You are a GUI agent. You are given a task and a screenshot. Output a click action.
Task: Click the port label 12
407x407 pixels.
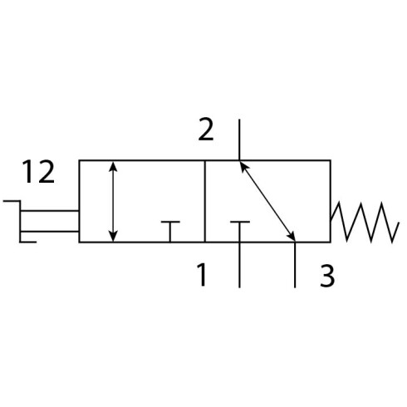click(x=38, y=172)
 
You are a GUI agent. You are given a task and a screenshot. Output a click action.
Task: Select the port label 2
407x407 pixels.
click(x=206, y=130)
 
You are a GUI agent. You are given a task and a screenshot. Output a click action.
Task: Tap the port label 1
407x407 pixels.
click(x=202, y=274)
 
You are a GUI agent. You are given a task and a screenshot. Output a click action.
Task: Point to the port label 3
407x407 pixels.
click(x=327, y=276)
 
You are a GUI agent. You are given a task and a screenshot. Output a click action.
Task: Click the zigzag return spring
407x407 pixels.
click(x=365, y=222)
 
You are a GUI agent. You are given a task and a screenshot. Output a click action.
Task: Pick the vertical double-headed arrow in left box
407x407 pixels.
click(x=113, y=201)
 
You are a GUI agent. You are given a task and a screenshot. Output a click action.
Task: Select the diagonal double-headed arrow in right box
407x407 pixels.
click(x=267, y=201)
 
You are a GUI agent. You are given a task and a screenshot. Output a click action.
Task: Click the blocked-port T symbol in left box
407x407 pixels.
click(x=170, y=232)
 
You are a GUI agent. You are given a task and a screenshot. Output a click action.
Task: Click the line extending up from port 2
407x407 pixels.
click(x=239, y=140)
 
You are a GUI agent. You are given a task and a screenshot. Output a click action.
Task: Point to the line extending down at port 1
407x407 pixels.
click(x=239, y=265)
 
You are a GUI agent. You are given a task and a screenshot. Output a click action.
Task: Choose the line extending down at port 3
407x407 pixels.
click(x=295, y=265)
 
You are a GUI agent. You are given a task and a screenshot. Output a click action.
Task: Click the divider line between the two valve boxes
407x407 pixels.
click(x=205, y=201)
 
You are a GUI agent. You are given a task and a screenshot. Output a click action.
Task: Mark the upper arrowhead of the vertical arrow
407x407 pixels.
click(x=113, y=166)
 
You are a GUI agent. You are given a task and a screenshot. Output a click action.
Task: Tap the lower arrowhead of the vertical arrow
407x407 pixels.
click(x=113, y=237)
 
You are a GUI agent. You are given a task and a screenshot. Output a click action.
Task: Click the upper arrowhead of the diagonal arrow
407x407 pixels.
click(x=243, y=165)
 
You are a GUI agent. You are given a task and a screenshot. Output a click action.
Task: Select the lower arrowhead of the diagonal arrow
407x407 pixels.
click(x=292, y=237)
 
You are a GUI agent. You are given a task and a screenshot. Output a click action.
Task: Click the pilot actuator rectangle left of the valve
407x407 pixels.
click(x=50, y=221)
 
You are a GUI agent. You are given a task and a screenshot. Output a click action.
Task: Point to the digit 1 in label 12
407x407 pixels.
click(x=28, y=172)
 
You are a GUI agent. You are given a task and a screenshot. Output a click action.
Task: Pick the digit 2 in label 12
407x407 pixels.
click(x=47, y=172)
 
